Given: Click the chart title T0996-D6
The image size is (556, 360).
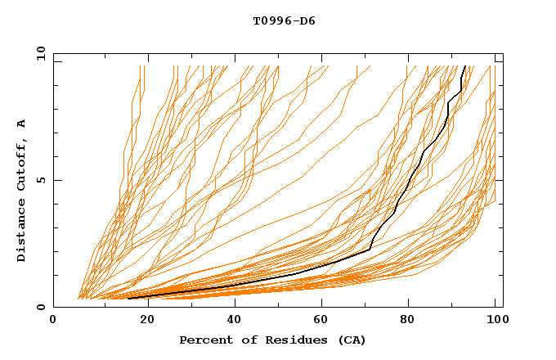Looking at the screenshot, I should pyautogui.click(x=284, y=21).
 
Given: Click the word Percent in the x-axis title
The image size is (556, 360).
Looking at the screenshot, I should pyautogui.click(x=204, y=340).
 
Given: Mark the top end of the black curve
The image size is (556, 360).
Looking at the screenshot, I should pyautogui.click(x=464, y=66).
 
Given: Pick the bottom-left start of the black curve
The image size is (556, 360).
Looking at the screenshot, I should pyautogui.click(x=128, y=299).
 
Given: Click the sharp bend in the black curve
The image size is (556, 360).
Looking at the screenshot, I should pyautogui.click(x=370, y=249).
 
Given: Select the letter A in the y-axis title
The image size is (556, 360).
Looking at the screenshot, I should pyautogui.click(x=22, y=123).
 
